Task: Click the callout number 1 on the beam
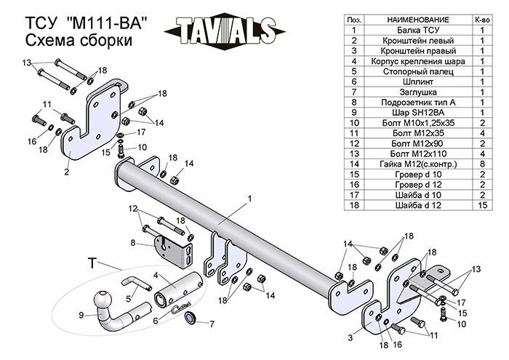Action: (x=249, y=198)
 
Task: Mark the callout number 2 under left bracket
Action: (x=66, y=172)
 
